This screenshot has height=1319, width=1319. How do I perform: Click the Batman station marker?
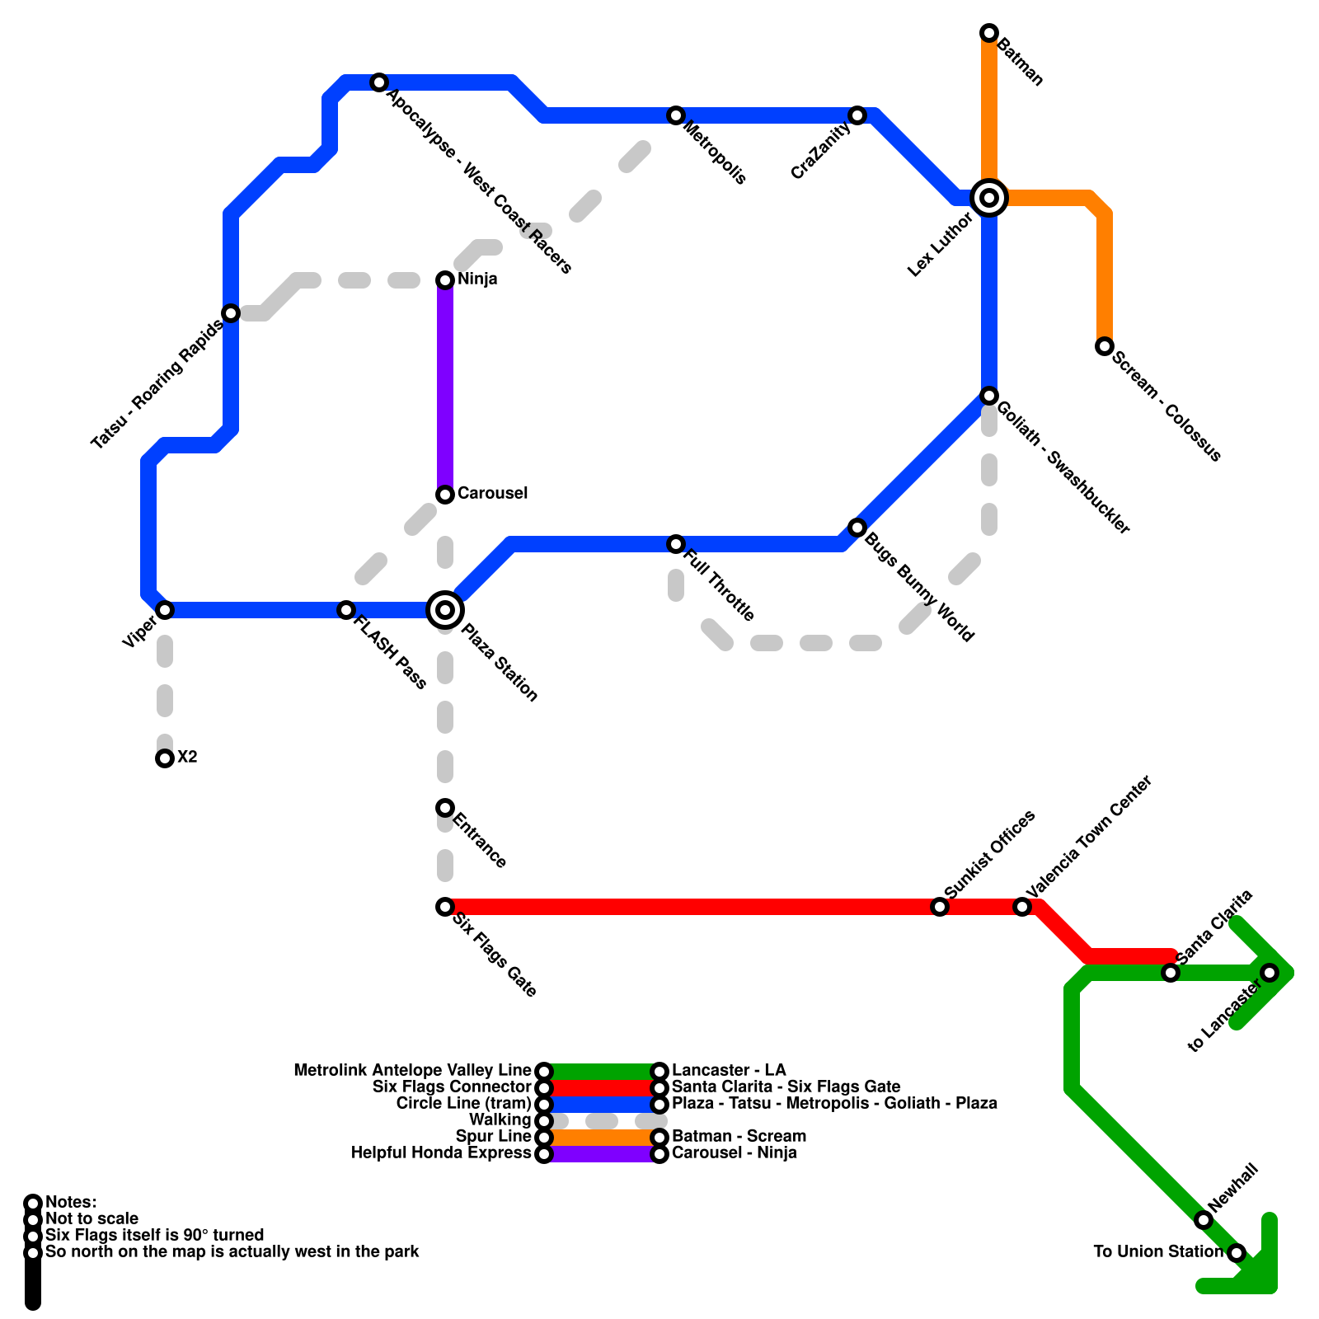tap(989, 33)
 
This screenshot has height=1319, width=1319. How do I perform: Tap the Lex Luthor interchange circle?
tap(989, 198)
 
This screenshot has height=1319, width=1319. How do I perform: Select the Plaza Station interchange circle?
tap(445, 610)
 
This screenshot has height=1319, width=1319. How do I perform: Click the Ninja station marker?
tap(445, 280)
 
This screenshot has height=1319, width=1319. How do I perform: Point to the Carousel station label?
tap(492, 493)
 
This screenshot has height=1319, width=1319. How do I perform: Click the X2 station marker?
tap(165, 758)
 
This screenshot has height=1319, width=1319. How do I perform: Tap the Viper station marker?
tap(165, 610)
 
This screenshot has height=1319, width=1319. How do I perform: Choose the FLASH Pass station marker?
tap(346, 610)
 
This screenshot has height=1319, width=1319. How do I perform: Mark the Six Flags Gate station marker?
tap(445, 907)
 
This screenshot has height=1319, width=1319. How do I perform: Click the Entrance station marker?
tap(445, 808)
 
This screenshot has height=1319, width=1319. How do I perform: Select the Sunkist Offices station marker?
tap(940, 907)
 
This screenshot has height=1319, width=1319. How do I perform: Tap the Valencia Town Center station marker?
tap(1022, 907)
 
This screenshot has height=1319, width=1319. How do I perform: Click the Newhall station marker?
tap(1204, 1220)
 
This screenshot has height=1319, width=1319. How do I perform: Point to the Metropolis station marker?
tap(676, 115)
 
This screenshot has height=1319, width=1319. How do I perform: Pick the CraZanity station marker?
tap(857, 115)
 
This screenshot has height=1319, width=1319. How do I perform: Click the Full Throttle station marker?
tap(676, 544)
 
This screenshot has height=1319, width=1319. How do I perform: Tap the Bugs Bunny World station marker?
tap(857, 528)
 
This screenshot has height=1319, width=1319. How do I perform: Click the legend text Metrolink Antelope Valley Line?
tap(412, 1071)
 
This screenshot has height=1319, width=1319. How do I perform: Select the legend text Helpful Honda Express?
tap(441, 1153)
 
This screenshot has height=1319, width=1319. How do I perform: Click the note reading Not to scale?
tap(92, 1219)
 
